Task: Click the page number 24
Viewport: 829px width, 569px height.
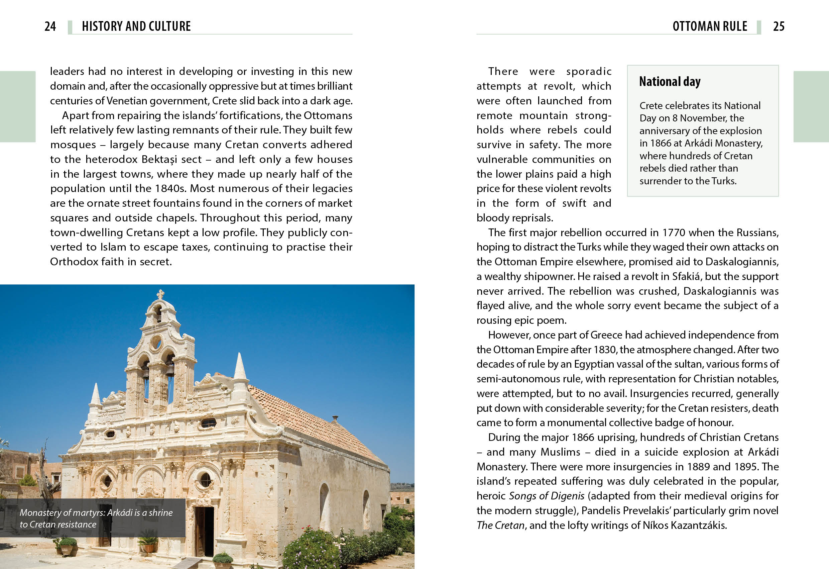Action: point(50,26)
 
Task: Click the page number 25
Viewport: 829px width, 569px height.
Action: point(779,26)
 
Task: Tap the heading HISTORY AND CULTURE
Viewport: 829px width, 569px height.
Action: point(136,26)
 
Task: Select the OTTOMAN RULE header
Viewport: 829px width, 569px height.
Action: point(710,26)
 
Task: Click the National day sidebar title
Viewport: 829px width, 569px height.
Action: point(670,82)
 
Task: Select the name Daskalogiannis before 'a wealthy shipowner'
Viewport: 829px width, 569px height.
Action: point(742,262)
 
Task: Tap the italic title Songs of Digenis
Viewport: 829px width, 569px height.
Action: point(547,496)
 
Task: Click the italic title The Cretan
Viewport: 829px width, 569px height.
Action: point(500,526)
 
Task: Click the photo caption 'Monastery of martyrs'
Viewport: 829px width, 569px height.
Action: point(96,518)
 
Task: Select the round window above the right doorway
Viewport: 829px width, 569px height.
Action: point(206,480)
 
